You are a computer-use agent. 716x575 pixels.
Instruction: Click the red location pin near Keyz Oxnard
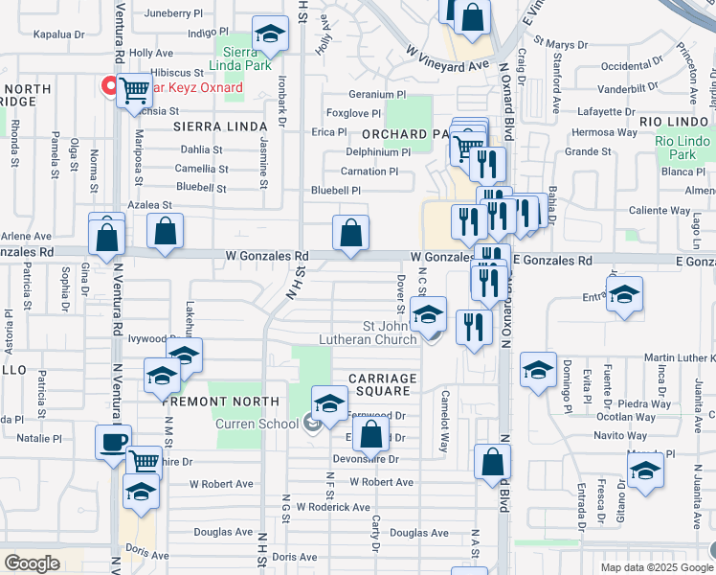pyautogui.click(x=110, y=87)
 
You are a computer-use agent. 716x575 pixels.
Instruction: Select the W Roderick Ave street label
pyautogui.click(x=333, y=507)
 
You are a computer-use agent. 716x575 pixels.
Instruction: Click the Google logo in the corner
pyautogui.click(x=31, y=563)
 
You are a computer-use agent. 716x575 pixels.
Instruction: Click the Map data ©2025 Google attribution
pyautogui.click(x=656, y=567)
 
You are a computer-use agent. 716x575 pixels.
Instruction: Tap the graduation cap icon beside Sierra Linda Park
pyautogui.click(x=271, y=35)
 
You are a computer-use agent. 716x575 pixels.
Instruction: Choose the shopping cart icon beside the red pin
pyautogui.click(x=135, y=91)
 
